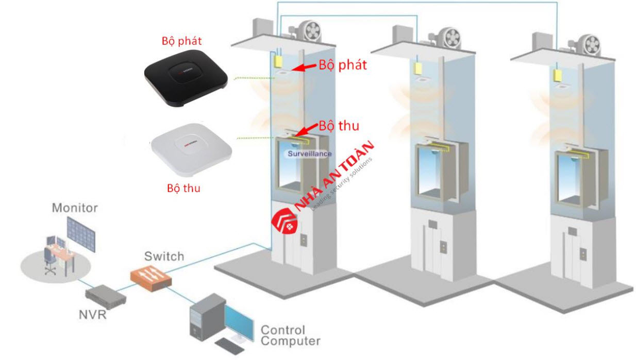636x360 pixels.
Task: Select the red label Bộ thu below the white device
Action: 183,188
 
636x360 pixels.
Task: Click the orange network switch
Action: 151,277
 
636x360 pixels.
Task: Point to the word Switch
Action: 164,256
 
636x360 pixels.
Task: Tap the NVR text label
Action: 93,314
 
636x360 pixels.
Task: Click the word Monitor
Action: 75,208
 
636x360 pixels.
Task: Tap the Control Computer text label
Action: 290,335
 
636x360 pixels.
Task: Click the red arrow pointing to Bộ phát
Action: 304,67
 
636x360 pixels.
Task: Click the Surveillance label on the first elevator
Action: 309,153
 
